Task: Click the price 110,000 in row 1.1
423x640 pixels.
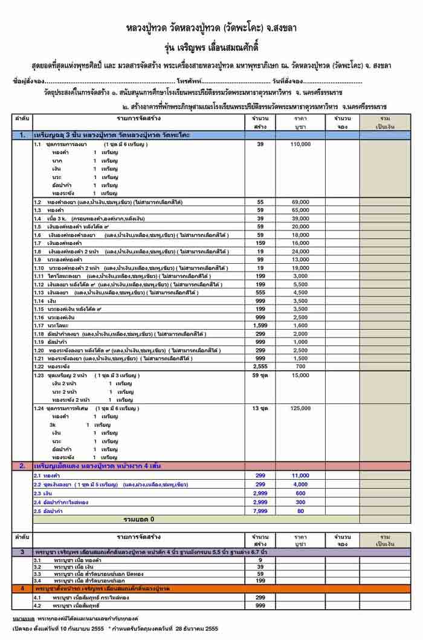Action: (x=300, y=145)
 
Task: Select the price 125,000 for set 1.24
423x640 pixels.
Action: (x=300, y=410)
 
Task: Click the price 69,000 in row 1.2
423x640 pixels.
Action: (x=300, y=201)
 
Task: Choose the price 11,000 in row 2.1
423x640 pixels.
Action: (x=300, y=476)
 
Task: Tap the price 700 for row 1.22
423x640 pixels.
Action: (x=300, y=367)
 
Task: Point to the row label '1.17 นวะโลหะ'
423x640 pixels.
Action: (x=51, y=325)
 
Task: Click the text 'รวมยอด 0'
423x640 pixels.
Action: (x=139, y=519)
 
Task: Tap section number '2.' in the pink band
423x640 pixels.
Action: (x=22, y=466)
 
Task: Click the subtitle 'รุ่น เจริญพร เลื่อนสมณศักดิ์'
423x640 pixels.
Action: (x=211, y=45)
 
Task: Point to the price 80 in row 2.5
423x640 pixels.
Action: (x=300, y=510)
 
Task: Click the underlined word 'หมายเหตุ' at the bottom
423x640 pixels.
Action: (x=23, y=619)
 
